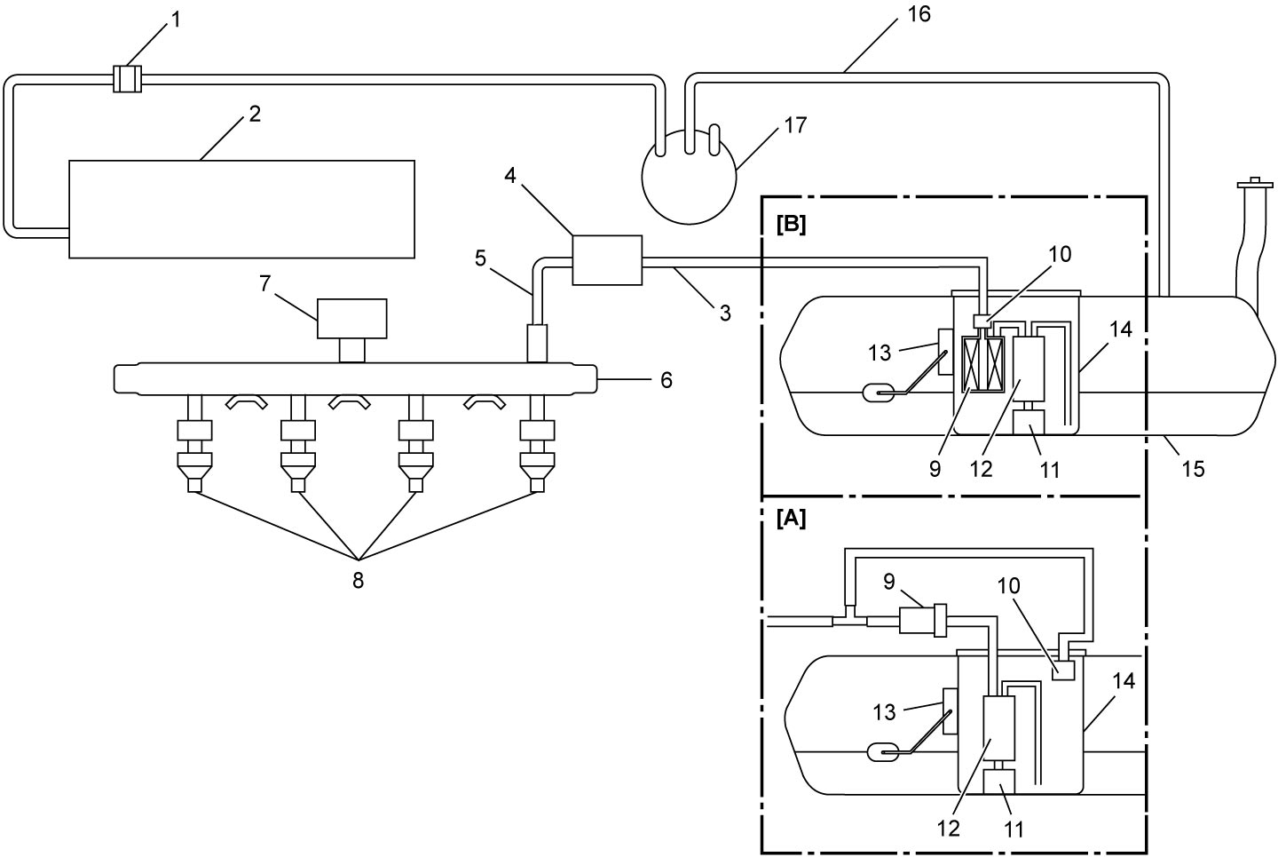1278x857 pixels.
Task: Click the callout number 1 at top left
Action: (176, 20)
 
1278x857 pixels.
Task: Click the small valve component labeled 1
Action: (127, 79)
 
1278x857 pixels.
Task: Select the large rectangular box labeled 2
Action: (242, 209)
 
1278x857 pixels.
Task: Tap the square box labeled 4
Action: (607, 260)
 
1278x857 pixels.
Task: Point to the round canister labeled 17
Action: (690, 176)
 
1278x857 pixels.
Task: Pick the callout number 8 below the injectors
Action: (358, 581)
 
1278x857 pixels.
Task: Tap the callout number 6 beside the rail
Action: (666, 380)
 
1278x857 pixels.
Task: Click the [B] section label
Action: (792, 225)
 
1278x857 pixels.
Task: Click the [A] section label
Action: (792, 519)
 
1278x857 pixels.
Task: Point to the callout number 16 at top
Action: (919, 14)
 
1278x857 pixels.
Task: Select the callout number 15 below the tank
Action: (1193, 469)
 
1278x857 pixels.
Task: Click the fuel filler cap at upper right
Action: (1255, 184)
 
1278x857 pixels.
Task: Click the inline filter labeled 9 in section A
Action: (923, 621)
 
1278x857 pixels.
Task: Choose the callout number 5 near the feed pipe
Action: (480, 258)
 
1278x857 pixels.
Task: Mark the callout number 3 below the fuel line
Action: (725, 313)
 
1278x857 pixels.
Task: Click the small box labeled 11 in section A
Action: (999, 781)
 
